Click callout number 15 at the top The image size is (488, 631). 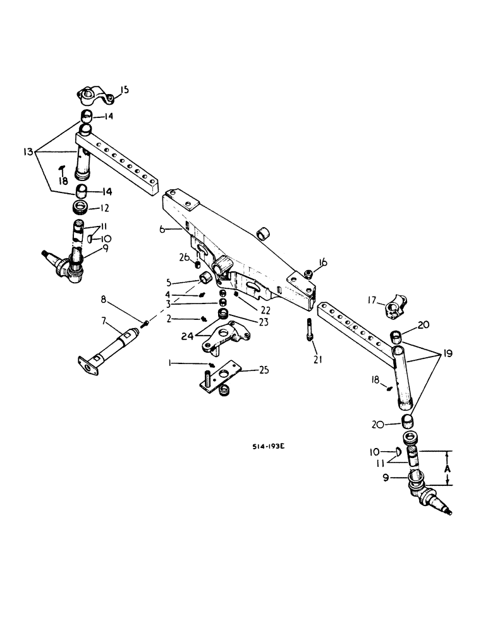[124, 90]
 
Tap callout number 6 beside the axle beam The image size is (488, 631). [162, 231]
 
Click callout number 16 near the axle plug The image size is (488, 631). [324, 262]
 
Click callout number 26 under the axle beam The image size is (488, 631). [183, 257]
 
